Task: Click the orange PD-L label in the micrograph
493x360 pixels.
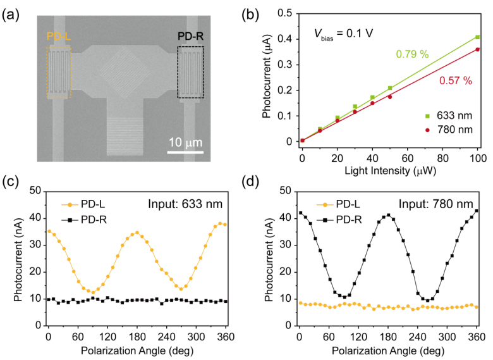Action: pyautogui.click(x=58, y=37)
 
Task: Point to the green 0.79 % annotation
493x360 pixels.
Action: pyautogui.click(x=412, y=54)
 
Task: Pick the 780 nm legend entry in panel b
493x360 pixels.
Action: pyautogui.click(x=455, y=130)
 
